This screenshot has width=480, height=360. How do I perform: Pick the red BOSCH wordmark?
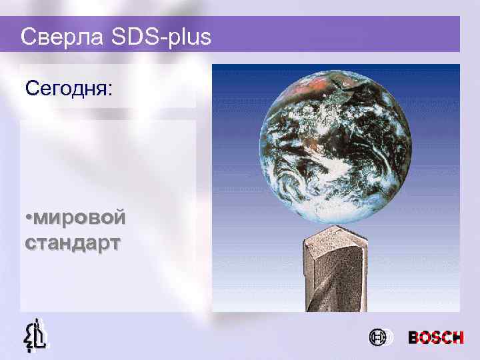[x=435, y=338]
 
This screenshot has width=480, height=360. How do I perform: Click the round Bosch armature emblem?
[x=377, y=338]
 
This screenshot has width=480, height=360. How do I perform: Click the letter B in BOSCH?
[x=414, y=338]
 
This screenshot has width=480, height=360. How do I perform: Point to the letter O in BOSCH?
[x=425, y=338]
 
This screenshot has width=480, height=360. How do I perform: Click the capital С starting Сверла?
[x=28, y=37]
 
